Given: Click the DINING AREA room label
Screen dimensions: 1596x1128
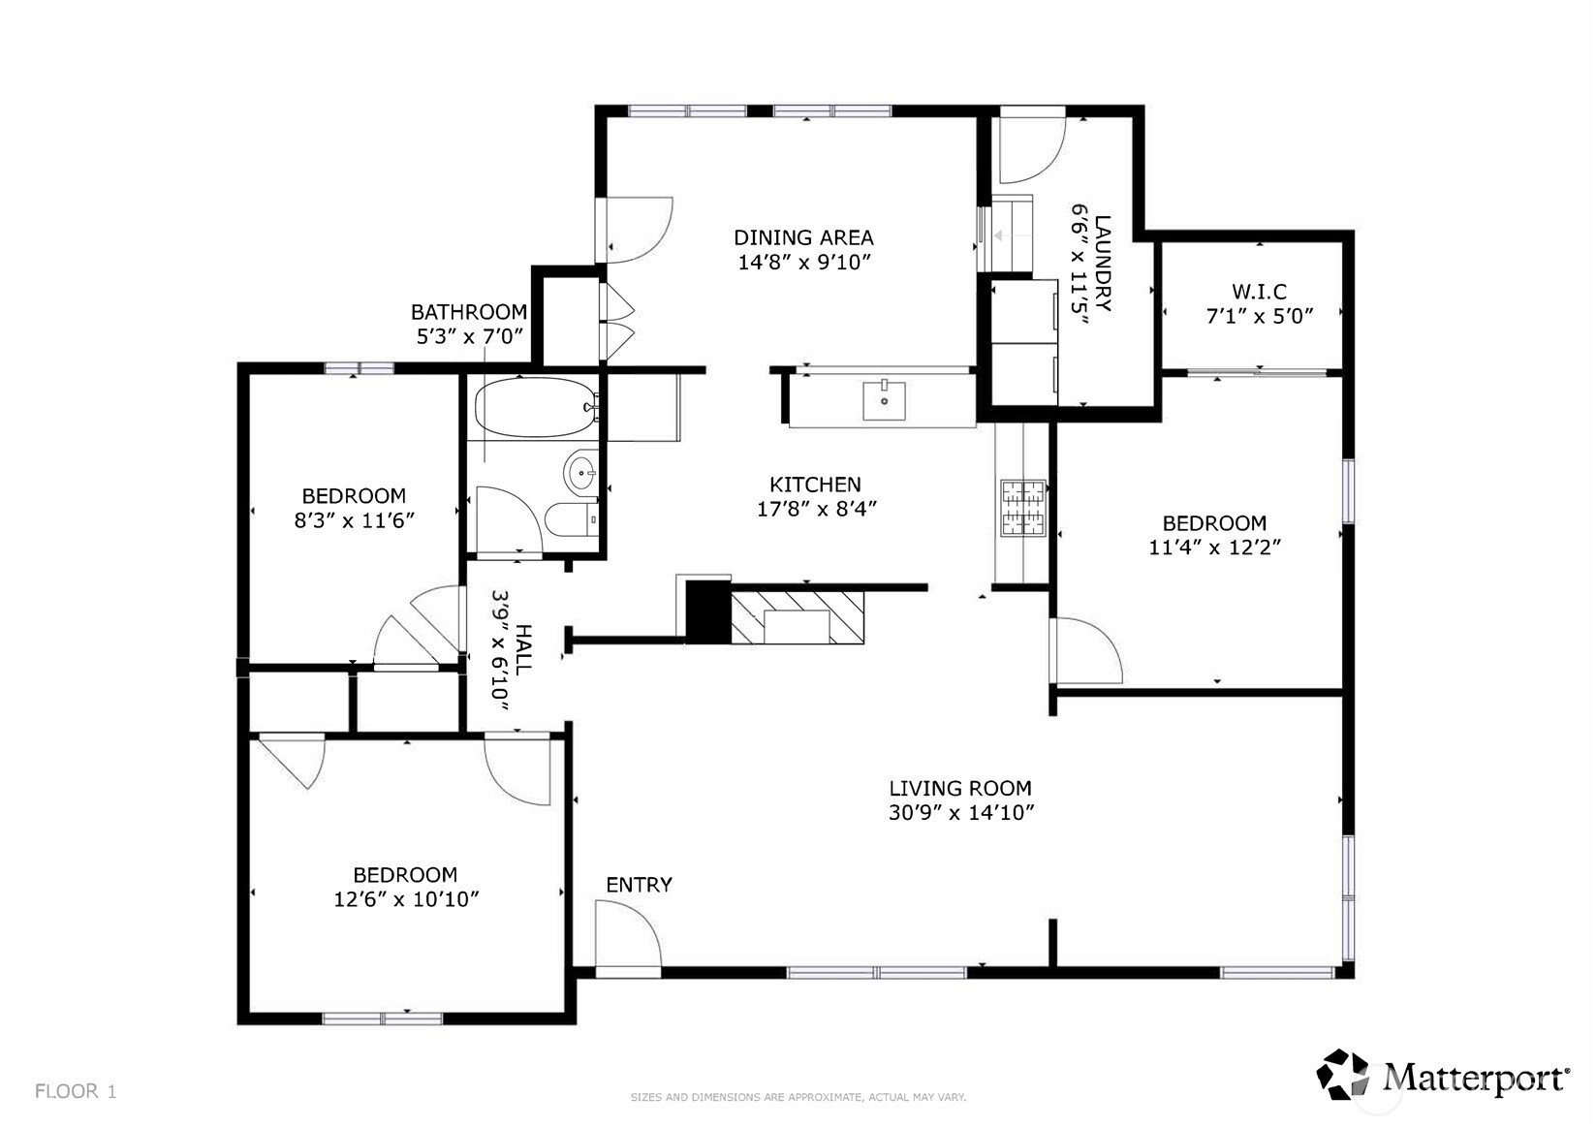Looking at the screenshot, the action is point(803,237).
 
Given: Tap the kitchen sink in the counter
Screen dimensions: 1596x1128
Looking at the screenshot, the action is point(884,401).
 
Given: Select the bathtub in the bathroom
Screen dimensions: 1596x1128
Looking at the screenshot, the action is point(537,408).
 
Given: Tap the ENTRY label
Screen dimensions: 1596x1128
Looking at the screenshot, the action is point(640,885).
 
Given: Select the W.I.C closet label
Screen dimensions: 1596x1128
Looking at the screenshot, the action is point(1259,292).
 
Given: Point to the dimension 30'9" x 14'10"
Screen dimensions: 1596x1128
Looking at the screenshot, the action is point(961,812).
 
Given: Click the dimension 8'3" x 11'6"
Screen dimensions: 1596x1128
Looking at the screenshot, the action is point(354,520).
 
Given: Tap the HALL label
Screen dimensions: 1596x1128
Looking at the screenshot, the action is point(523,650).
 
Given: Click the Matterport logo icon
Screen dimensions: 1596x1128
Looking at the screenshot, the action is point(1342,1075).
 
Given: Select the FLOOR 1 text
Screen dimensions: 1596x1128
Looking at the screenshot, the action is point(76,1091).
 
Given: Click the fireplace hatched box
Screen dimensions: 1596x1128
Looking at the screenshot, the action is point(798,617).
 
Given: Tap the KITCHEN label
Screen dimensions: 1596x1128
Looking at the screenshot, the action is point(815,485).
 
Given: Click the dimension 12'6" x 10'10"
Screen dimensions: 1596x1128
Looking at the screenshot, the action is point(406,899).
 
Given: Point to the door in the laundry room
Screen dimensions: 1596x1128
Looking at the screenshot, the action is point(1032,146).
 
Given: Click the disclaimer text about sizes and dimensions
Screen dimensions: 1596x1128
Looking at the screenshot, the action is point(798,1097).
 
